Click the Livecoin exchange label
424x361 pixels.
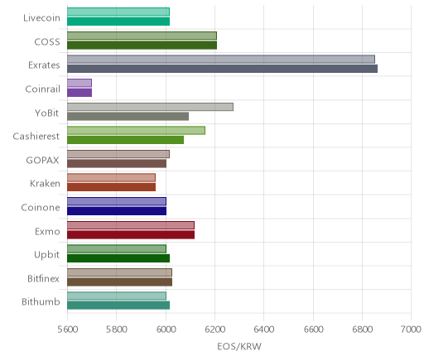click(x=41, y=18)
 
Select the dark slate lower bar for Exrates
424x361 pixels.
click(x=222, y=69)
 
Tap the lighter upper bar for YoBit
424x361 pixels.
click(x=150, y=107)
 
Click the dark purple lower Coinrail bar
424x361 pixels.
click(x=79, y=93)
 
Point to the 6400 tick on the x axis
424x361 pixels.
click(x=264, y=330)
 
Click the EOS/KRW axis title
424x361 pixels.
click(x=239, y=346)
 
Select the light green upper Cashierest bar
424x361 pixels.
click(x=136, y=130)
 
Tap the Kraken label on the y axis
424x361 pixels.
click(x=45, y=184)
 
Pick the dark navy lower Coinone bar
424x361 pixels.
click(x=117, y=211)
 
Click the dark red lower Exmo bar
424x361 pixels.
click(x=131, y=235)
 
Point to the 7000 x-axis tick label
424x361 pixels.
click(x=411, y=330)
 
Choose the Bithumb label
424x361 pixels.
click(x=41, y=302)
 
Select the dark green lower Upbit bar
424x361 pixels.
click(x=118, y=258)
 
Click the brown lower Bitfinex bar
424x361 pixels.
click(x=119, y=282)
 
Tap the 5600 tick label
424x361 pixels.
click(x=68, y=330)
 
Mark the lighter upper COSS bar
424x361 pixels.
click(x=142, y=36)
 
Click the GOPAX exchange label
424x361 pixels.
click(x=42, y=161)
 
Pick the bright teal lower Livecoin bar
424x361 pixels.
click(x=118, y=22)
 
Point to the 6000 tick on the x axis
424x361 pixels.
click(x=166, y=330)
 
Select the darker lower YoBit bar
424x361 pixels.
click(x=128, y=117)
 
